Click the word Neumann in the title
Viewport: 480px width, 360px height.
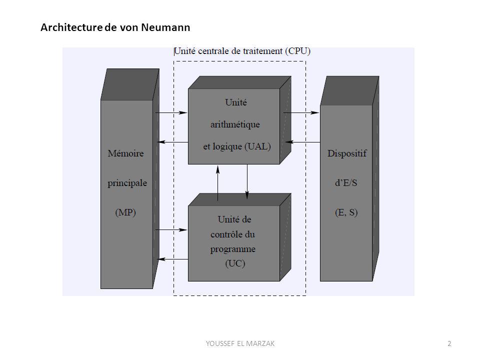(165, 27)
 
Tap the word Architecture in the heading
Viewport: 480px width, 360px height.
(71, 27)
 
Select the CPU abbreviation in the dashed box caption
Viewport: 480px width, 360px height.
(297, 51)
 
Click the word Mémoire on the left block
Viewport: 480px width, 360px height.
(125, 153)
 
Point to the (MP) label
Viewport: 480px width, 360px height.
(125, 212)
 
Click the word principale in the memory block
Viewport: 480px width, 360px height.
(127, 183)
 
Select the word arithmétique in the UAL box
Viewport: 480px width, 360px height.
(235, 124)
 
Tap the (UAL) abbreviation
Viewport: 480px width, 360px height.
(258, 146)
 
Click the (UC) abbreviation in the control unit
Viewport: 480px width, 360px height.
(235, 263)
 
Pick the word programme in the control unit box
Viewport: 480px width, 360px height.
(233, 249)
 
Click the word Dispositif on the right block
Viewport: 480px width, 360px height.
(347, 153)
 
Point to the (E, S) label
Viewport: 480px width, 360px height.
(346, 212)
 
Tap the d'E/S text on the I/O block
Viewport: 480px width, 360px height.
(346, 183)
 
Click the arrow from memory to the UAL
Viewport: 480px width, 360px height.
(171, 112)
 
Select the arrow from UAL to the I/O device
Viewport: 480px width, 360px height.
(301, 112)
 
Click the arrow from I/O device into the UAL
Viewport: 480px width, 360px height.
(303, 142)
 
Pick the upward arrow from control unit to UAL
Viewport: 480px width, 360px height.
(218, 183)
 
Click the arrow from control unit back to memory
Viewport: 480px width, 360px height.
(172, 259)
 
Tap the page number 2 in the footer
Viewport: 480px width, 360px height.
(449, 343)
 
